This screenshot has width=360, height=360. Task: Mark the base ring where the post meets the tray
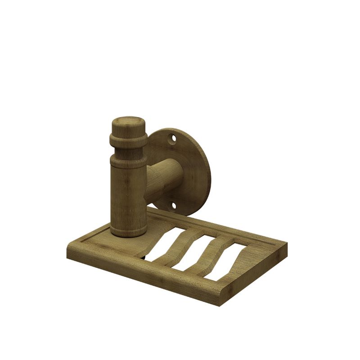click(x=129, y=230)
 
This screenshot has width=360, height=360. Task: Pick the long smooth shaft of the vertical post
click(x=129, y=193)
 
